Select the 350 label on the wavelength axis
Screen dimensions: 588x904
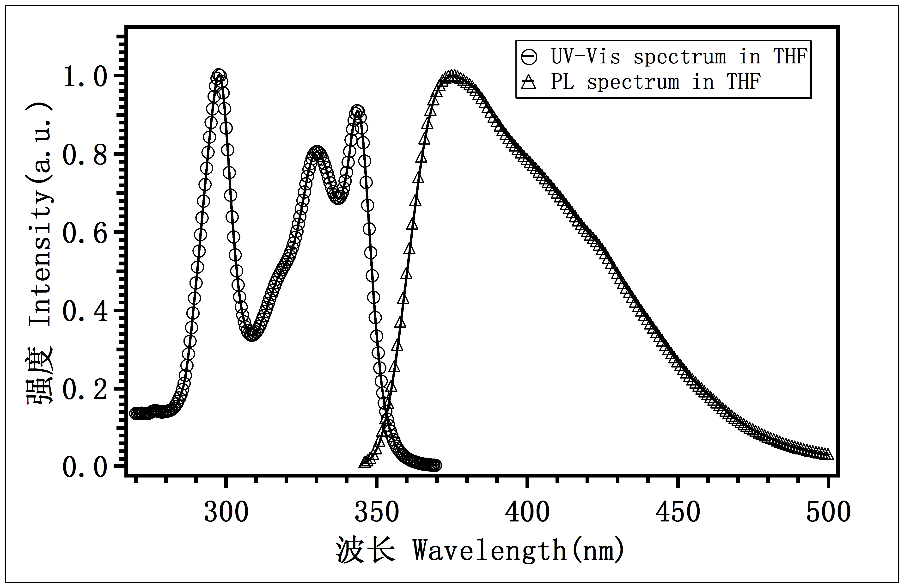point(376,512)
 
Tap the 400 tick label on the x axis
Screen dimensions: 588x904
point(527,512)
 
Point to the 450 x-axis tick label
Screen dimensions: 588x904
point(678,512)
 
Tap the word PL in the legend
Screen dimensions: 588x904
point(562,82)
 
